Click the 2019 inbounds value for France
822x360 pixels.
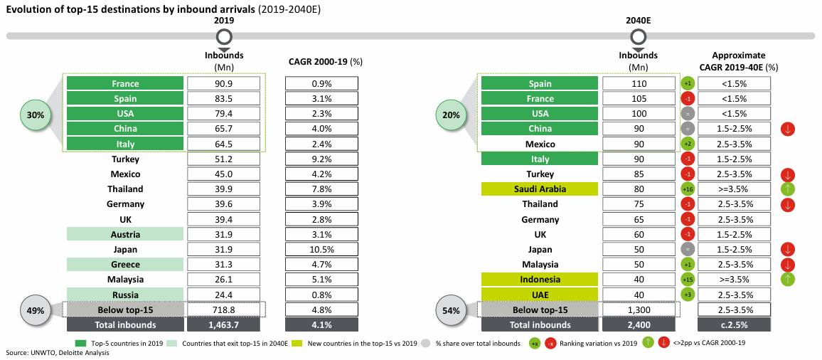(224, 83)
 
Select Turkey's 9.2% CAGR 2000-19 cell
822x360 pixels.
(321, 159)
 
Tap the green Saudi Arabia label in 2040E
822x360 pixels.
(540, 189)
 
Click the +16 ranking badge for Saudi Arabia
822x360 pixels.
(688, 189)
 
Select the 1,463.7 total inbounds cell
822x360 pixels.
(224, 325)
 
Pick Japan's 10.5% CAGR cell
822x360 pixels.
(321, 250)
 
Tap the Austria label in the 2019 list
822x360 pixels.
(125, 235)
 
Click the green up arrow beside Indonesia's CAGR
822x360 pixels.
(787, 280)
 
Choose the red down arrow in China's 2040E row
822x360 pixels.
(787, 129)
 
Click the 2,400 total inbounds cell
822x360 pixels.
(639, 325)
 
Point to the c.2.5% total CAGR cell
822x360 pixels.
(734, 325)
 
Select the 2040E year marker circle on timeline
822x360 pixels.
(638, 37)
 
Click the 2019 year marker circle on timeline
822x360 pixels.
(224, 37)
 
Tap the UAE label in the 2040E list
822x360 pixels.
(540, 295)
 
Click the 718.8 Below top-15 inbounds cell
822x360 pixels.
(224, 310)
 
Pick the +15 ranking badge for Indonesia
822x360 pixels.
(688, 280)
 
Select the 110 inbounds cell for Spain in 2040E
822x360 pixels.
(639, 83)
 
